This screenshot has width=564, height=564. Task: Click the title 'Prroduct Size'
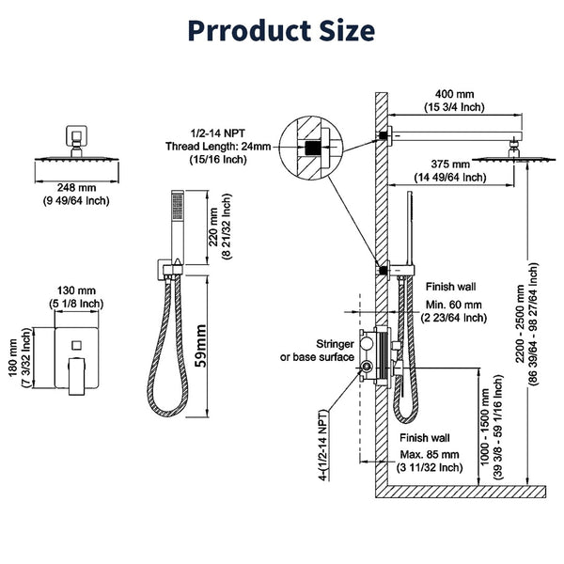280,31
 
